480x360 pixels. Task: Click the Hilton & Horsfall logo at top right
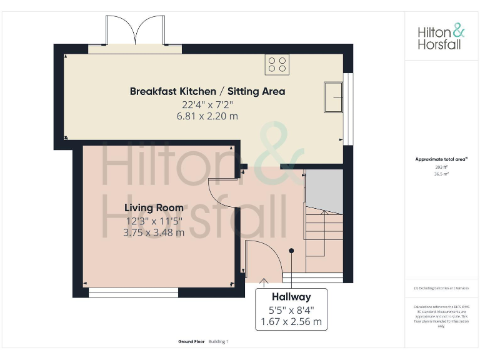click(x=441, y=37)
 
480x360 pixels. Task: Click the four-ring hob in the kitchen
click(x=277, y=64)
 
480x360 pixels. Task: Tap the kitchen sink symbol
click(x=332, y=97)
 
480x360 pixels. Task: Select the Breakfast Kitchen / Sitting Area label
click(x=207, y=91)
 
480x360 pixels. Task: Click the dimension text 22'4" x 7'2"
click(x=207, y=105)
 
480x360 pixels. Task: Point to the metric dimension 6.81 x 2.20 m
click(x=207, y=116)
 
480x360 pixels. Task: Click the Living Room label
click(x=154, y=207)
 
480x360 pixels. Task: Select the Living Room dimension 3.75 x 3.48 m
click(x=154, y=232)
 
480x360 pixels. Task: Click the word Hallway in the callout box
click(x=291, y=297)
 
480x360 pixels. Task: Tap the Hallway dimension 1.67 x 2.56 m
click(x=291, y=322)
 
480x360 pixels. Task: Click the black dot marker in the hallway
click(x=291, y=251)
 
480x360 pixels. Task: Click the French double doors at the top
click(x=135, y=31)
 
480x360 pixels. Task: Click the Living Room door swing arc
click(x=223, y=194)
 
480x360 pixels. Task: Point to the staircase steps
click(x=323, y=231)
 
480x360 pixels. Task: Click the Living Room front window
click(x=133, y=292)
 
